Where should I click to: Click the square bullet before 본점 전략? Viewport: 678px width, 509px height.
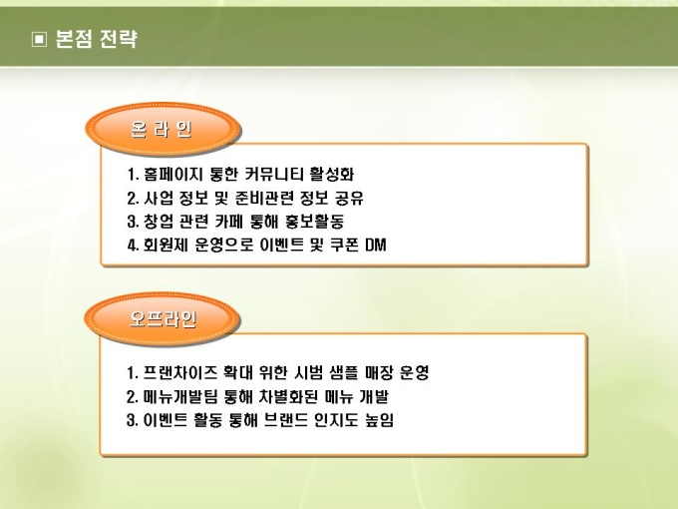pos(39,39)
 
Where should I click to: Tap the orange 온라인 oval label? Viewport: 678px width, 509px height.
pos(163,129)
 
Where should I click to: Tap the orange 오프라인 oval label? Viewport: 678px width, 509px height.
pos(163,319)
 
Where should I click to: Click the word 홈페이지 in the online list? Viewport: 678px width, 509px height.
pos(172,174)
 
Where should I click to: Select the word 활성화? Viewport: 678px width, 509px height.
pos(332,174)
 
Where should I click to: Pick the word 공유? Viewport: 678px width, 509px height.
pos(349,198)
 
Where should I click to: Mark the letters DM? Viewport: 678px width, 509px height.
pos(375,246)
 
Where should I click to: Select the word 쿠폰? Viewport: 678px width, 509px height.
pos(344,246)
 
